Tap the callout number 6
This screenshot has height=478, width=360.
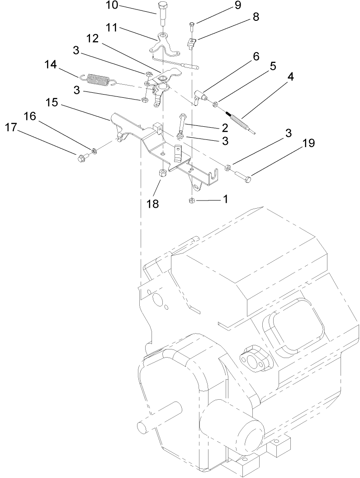click(256, 57)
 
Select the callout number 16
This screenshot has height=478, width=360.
click(29, 116)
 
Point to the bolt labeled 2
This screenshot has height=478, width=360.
click(182, 121)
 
